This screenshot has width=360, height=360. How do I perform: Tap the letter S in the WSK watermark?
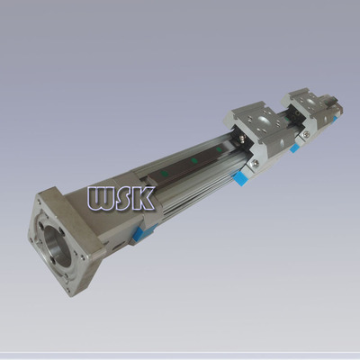[127, 198]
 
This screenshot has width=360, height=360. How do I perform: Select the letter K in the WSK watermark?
[145, 198]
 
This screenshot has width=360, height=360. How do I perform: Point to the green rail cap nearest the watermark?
[164, 173]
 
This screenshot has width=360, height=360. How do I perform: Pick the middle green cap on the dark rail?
[194, 160]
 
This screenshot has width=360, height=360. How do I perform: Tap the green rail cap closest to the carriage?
[220, 148]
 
